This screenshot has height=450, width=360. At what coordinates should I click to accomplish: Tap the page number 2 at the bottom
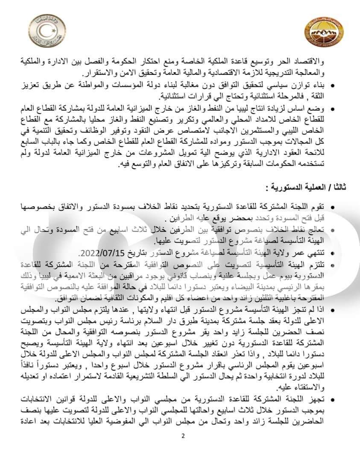183,436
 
